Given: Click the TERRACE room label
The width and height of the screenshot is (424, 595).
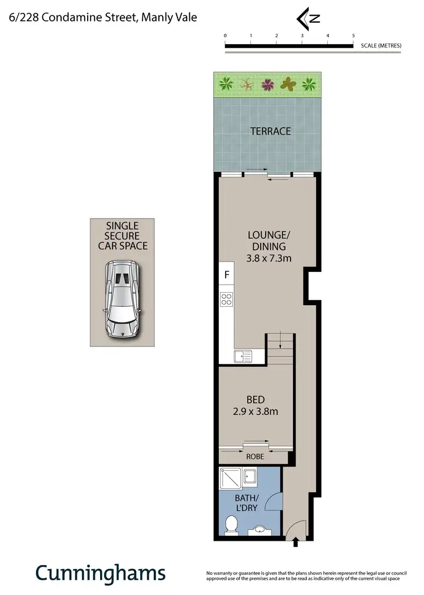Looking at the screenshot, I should click(x=270, y=131).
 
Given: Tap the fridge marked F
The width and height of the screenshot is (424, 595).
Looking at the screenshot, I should click(x=227, y=276).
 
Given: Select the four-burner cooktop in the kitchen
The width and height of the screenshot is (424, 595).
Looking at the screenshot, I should click(x=227, y=299).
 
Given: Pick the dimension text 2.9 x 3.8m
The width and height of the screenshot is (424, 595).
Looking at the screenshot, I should click(x=256, y=411).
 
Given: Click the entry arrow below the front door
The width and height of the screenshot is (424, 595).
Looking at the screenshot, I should click(x=295, y=543).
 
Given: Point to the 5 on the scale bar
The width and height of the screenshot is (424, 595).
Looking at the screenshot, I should click(x=353, y=36).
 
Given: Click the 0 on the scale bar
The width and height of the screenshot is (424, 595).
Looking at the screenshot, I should click(x=225, y=36).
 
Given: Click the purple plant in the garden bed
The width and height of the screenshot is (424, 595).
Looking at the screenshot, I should click(x=267, y=85).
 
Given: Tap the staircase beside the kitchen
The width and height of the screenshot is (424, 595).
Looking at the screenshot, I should click(x=280, y=349).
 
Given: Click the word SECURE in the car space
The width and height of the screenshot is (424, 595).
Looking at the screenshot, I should click(x=123, y=236).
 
